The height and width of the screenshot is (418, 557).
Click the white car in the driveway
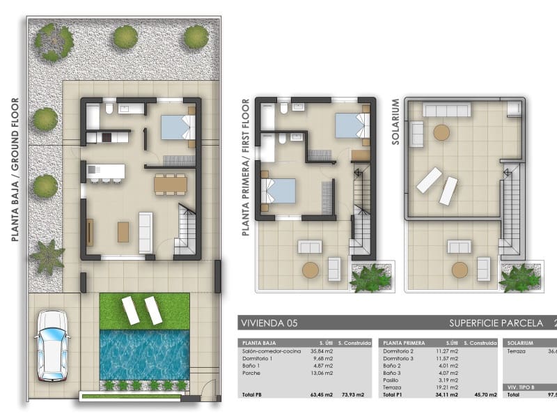coord(52,345)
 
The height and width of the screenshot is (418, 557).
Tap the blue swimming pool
coord(145,354)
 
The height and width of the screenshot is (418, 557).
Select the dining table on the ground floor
coord(171,183)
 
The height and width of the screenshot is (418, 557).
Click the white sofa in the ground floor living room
coord(146,232)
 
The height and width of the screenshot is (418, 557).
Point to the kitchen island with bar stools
coord(106,171)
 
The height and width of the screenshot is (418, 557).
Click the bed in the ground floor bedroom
coord(178,127)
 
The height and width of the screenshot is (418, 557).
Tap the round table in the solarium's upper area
coord(442,132)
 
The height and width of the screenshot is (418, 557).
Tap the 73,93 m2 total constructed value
coord(353,395)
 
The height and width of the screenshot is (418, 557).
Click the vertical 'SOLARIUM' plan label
coord(395,121)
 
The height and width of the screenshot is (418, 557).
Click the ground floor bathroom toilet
coord(109,109)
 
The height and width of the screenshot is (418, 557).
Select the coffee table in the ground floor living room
coord(123,231)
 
